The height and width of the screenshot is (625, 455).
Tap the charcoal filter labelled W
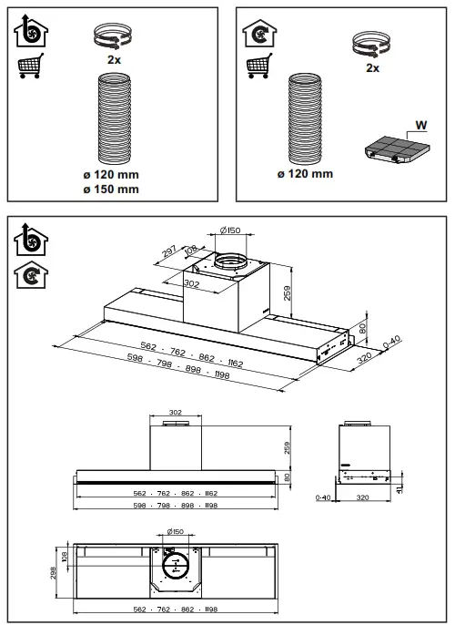click(x=394, y=152)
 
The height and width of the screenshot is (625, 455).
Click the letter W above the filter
click(x=420, y=125)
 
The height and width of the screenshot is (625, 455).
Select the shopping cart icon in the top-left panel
click(x=30, y=67)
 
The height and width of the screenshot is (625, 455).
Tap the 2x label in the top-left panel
click(x=115, y=58)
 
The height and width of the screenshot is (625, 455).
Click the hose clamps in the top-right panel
click(x=372, y=42)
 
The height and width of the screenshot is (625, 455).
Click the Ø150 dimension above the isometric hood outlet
click(x=232, y=230)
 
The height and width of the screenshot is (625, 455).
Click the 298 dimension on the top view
click(x=54, y=571)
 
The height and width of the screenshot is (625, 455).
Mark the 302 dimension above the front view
click(x=177, y=412)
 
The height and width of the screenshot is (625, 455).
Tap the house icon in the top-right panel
click(x=258, y=34)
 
